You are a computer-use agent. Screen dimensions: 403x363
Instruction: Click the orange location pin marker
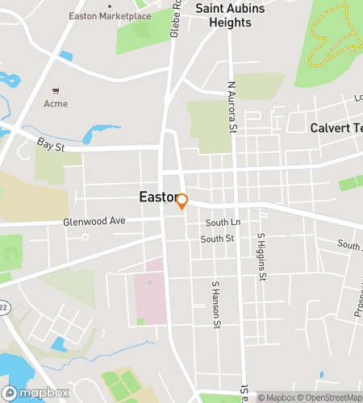pyautogui.click(x=181, y=201)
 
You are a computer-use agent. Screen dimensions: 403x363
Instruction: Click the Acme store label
pyautogui.click(x=56, y=103)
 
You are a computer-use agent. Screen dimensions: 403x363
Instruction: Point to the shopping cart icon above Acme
pyautogui.click(x=56, y=91)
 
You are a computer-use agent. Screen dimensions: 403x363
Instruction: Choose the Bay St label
pyautogui.click(x=50, y=143)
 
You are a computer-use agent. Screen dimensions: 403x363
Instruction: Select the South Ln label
pyautogui.click(x=223, y=222)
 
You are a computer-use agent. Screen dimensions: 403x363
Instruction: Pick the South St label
pyautogui.click(x=217, y=239)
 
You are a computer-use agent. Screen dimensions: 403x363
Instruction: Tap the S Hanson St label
pyautogui.click(x=215, y=305)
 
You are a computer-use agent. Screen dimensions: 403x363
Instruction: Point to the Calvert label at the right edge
pyautogui.click(x=336, y=128)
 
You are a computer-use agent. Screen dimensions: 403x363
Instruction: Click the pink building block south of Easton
pyautogui.click(x=149, y=294)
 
